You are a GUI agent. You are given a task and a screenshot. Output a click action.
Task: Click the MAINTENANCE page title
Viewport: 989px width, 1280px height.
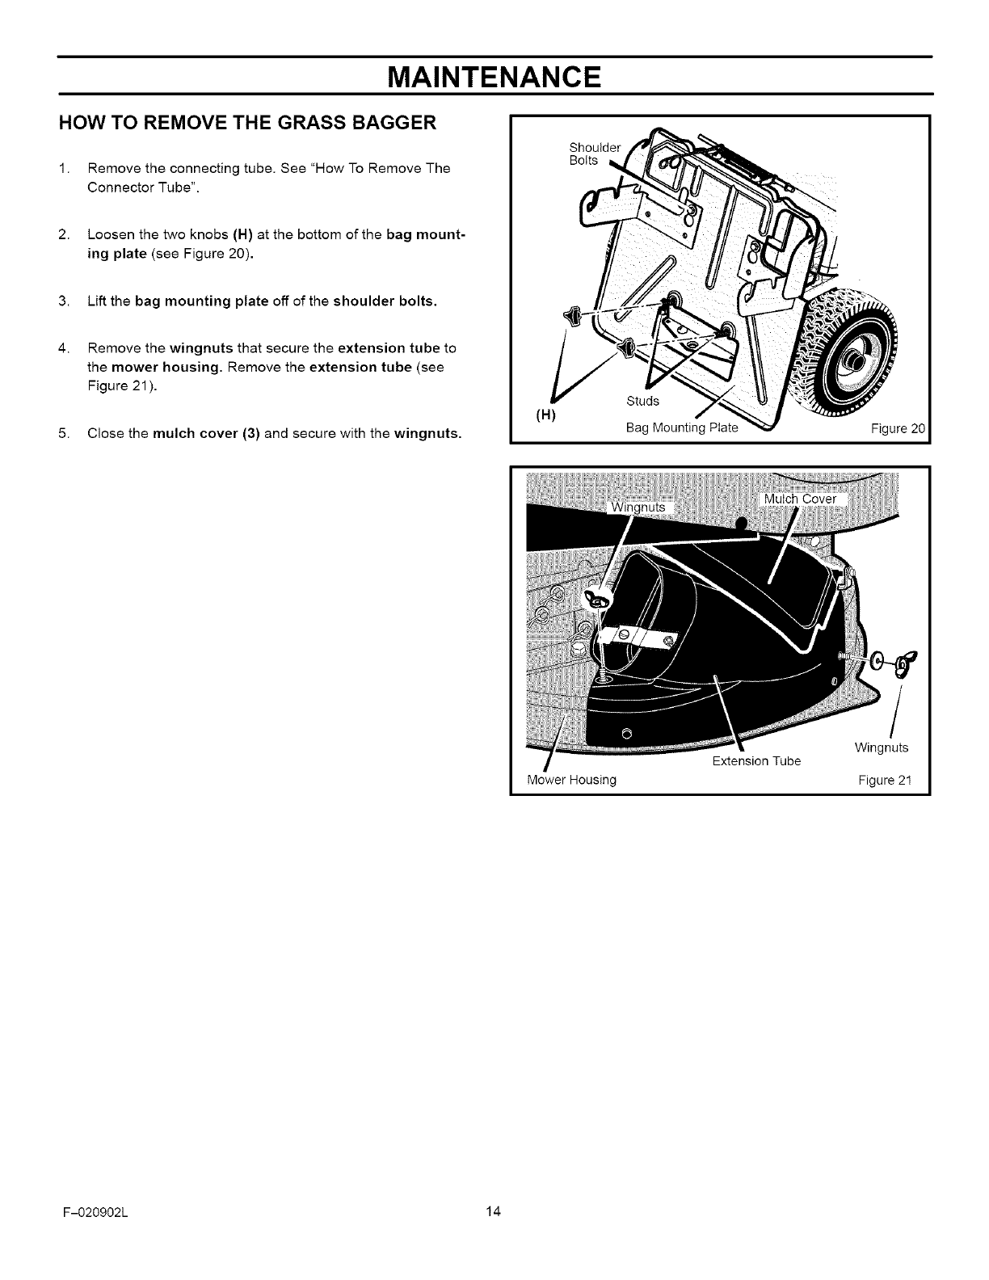pos(494,78)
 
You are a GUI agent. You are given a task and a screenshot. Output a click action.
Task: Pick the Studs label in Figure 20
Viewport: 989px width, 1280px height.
pos(643,402)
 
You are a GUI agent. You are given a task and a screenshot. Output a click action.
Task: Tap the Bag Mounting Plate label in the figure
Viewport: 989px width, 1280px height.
pos(683,427)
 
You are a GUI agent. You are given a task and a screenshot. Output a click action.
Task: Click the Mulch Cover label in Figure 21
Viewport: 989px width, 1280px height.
pos(801,499)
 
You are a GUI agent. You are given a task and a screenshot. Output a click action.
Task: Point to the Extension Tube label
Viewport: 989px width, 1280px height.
pos(756,761)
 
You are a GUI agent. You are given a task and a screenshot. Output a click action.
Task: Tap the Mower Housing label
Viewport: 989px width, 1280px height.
pos(571,780)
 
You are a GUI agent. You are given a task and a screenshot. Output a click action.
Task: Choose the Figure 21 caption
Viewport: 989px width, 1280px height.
pos(885,780)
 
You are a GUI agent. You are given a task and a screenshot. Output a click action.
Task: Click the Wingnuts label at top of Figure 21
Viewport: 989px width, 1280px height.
pos(638,507)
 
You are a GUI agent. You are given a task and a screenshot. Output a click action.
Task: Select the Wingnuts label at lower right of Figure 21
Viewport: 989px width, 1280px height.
pos(881,747)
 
